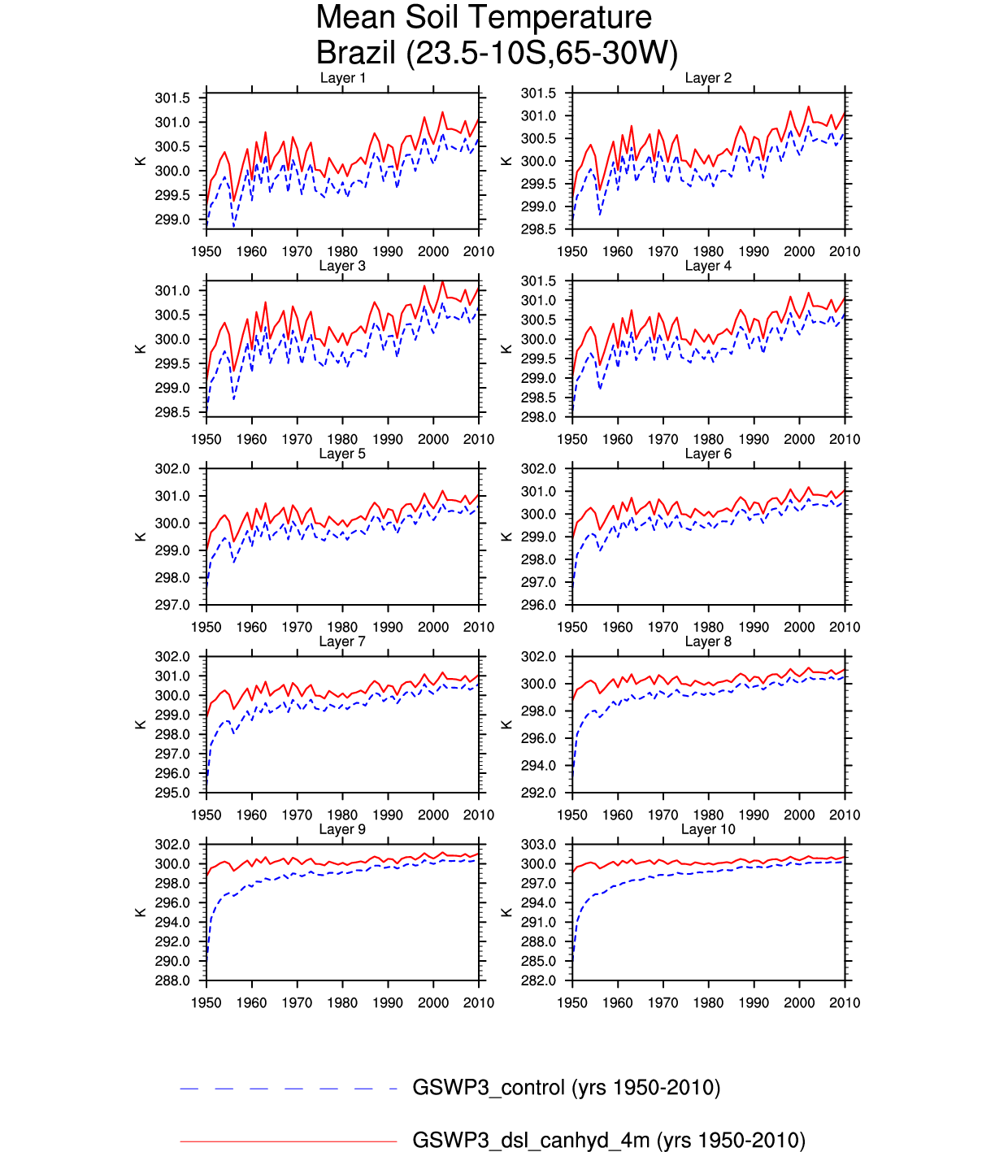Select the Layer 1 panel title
(342, 78)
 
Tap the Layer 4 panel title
(708, 266)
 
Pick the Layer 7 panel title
(342, 641)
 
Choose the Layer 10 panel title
(708, 829)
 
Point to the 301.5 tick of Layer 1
(172, 98)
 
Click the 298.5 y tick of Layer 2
(538, 230)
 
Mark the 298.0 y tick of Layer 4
(538, 418)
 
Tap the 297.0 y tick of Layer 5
(172, 606)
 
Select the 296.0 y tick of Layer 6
(538, 606)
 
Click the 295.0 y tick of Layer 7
(172, 793)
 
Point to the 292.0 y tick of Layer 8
(538, 793)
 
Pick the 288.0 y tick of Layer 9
(172, 981)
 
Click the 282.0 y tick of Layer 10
(538, 981)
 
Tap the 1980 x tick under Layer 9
(342, 1003)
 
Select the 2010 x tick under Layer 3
(478, 440)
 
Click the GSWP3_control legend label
(566, 1088)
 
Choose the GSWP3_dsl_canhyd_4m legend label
(608, 1141)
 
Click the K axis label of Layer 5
(141, 537)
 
